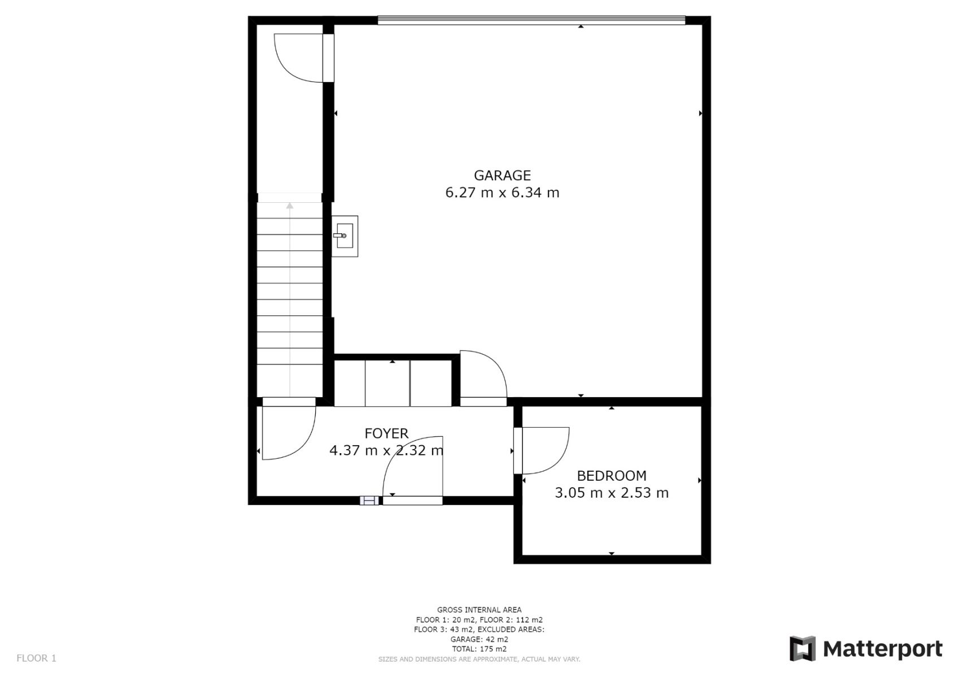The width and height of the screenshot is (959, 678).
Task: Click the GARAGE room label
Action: tap(502, 175)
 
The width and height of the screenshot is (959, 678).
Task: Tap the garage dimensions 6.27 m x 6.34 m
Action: tap(502, 193)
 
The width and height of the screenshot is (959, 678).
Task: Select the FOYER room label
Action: tap(386, 433)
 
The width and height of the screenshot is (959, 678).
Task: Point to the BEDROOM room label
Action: tap(611, 475)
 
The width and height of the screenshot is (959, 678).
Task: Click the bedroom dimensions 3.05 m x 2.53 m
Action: tap(611, 493)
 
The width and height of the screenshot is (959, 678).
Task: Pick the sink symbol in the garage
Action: tap(344, 236)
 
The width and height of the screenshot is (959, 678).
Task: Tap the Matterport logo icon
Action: tap(803, 649)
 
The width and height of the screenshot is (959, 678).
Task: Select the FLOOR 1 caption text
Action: tap(36, 658)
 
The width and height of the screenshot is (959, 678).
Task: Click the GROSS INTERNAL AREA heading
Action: tap(479, 610)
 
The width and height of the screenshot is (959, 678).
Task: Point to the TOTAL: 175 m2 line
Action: tap(479, 649)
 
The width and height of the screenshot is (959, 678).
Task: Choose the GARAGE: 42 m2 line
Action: tap(479, 639)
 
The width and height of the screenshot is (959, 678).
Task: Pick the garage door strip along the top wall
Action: tap(531, 20)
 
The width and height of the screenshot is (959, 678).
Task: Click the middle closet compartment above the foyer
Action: tap(387, 383)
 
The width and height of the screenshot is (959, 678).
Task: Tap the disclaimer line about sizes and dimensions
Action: tap(479, 659)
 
